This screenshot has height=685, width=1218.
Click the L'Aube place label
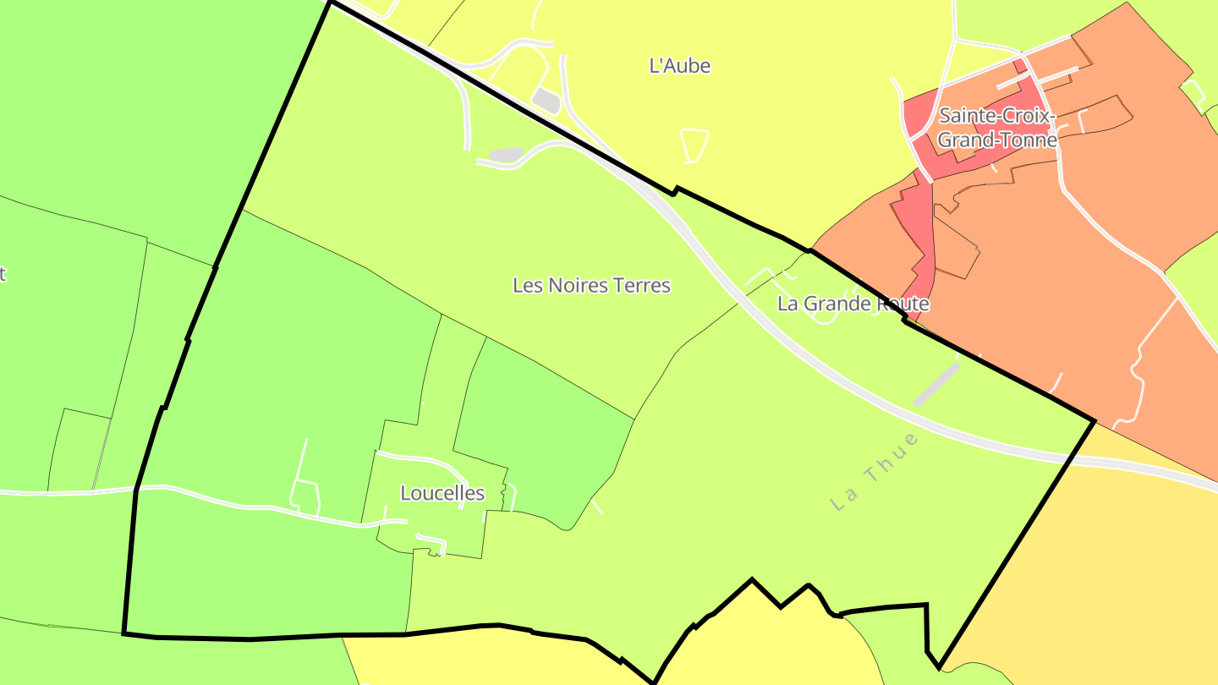(x=679, y=66)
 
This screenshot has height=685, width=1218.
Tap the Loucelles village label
(x=442, y=493)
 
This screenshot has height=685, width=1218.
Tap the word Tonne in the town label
(x=1030, y=140)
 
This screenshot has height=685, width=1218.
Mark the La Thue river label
(x=875, y=472)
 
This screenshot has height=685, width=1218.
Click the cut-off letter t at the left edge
(x=3, y=273)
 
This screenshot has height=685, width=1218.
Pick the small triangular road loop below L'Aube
(x=694, y=145)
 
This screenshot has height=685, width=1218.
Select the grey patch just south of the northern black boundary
(x=506, y=155)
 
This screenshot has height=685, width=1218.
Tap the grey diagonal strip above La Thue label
(x=936, y=385)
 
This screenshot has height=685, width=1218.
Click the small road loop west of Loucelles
(x=305, y=496)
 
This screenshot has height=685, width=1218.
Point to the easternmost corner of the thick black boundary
(x=1095, y=420)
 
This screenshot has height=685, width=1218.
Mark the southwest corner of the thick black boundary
(x=124, y=633)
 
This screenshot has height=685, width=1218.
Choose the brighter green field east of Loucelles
(x=541, y=423)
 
